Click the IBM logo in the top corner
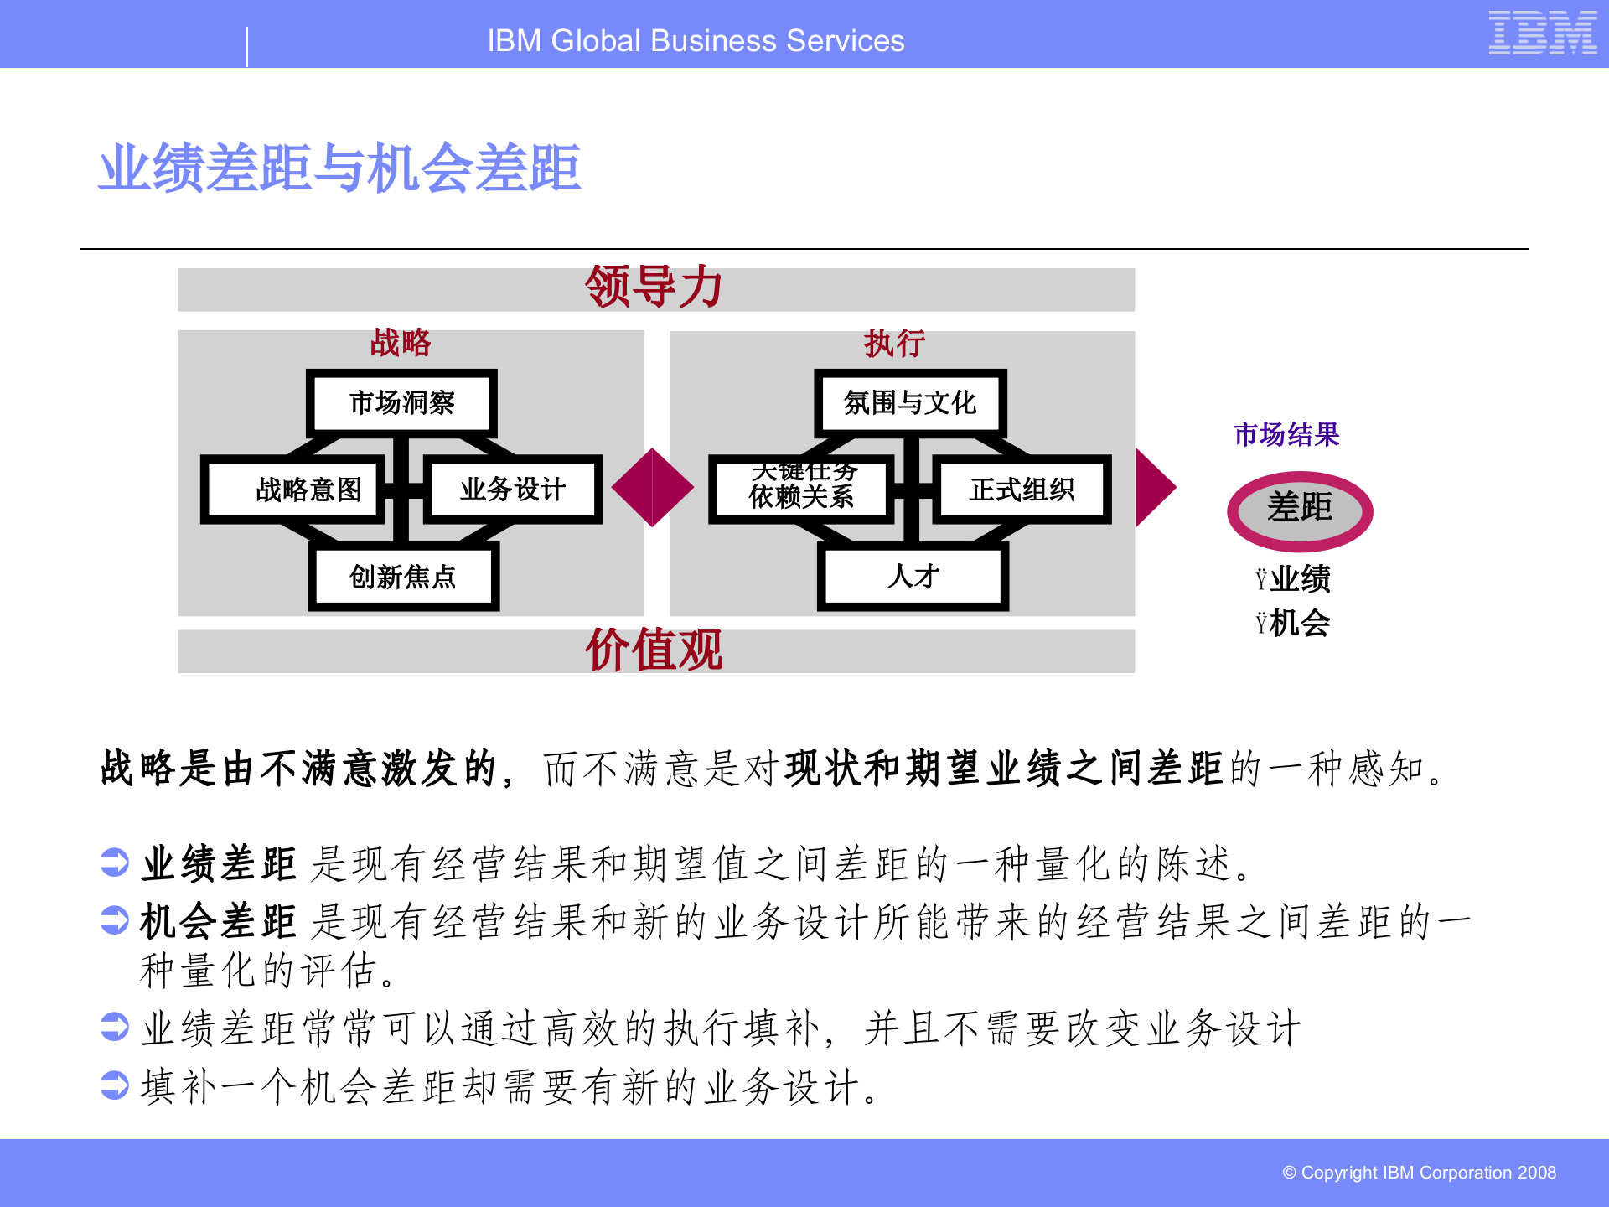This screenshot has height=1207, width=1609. tap(1542, 34)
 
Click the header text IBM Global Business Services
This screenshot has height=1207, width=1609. tap(696, 40)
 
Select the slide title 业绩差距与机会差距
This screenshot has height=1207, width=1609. tap(339, 168)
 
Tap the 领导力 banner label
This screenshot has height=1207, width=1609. tap(654, 288)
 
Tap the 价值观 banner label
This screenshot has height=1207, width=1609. tap(654, 650)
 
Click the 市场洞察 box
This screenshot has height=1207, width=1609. tap(401, 403)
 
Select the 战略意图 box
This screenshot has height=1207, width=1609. tap(293, 490)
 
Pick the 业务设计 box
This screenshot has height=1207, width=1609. tap(513, 490)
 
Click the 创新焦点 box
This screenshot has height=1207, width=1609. tap(403, 577)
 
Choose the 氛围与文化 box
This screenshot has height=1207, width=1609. tap(910, 403)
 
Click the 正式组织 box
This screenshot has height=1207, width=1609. tap(1022, 490)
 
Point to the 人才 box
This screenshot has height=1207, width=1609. tap(913, 577)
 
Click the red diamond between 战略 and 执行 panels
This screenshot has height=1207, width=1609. tap(653, 487)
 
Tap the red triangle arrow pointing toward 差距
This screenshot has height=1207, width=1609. tap(1154, 487)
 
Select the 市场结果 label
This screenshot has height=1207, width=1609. tap(1286, 434)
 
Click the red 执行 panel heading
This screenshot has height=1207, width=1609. tap(894, 344)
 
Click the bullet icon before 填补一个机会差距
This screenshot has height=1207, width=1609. tap(114, 1085)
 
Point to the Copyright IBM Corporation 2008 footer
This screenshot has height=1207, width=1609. tap(1419, 1173)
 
